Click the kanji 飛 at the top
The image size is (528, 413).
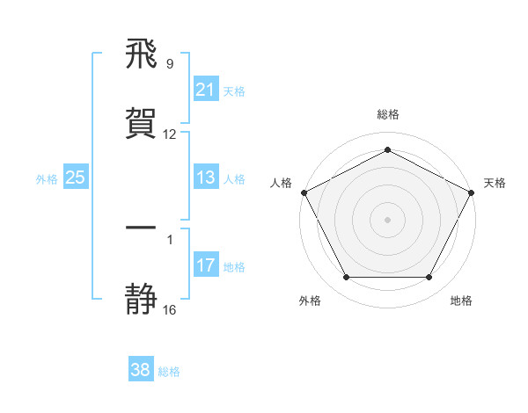[142, 54]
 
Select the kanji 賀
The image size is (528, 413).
[142, 124]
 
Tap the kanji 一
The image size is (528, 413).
[142, 228]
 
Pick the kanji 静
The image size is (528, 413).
[142, 299]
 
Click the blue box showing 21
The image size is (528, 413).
[205, 90]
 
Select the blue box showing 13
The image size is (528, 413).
[205, 178]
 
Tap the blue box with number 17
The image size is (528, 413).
[205, 265]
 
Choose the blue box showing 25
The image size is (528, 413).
[76, 178]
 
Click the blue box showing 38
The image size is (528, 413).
[141, 370]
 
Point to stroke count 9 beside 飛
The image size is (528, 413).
[170, 64]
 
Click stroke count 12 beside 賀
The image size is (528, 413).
[170, 134]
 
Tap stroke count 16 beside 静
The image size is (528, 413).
[170, 309]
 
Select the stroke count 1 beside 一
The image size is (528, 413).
[170, 239]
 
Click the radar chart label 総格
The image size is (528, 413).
[387, 114]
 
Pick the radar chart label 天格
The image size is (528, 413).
[495, 183]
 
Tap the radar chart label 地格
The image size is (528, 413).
[461, 301]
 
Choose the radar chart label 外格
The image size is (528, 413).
[310, 301]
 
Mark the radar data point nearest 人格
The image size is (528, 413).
[304, 192]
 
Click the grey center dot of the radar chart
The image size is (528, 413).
[387, 219]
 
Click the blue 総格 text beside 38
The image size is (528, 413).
[170, 372]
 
